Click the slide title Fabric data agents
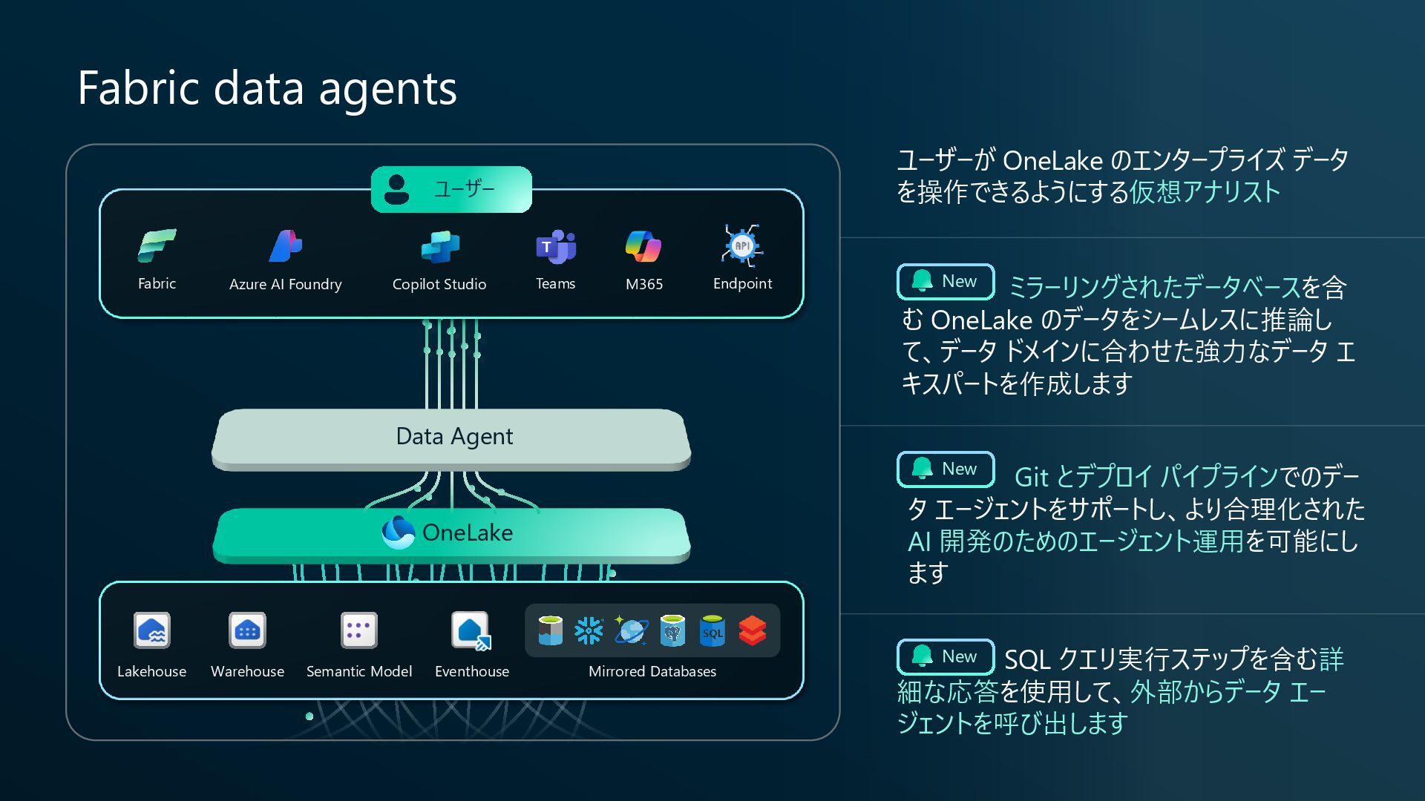(267, 88)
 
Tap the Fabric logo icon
(157, 245)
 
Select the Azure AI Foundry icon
(285, 245)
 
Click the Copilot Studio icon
(439, 247)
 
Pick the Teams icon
(556, 246)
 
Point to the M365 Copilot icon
(643, 246)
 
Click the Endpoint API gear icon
(742, 245)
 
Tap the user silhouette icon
(397, 189)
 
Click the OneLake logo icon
(398, 532)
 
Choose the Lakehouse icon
(152, 631)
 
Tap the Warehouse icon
(247, 631)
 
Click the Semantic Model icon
(359, 631)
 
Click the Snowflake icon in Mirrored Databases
(589, 631)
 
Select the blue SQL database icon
(712, 631)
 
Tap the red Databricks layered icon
(753, 631)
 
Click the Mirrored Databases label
(652, 672)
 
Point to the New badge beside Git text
(946, 469)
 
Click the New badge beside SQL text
(946, 657)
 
